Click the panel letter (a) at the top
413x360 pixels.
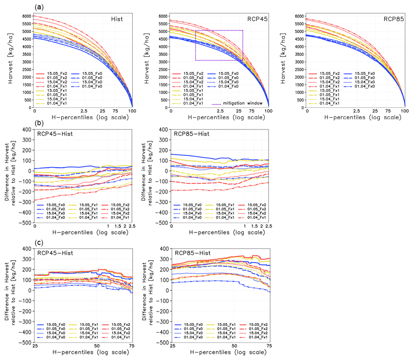click(x=39, y=6)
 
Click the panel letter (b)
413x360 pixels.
click(x=39, y=123)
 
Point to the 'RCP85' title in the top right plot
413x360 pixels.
click(x=392, y=19)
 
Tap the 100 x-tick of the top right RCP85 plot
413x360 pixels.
click(x=405, y=111)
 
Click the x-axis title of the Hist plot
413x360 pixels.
click(x=83, y=118)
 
